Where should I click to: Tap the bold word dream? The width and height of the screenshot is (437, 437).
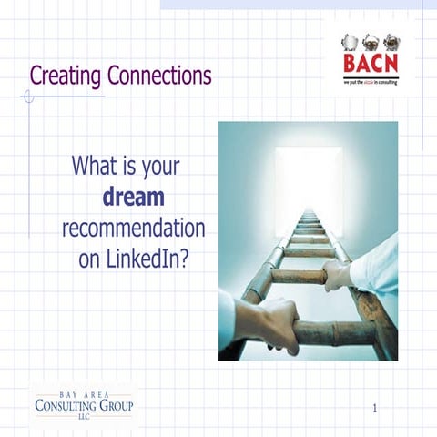134,197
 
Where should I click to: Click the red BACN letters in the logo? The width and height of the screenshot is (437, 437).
370,65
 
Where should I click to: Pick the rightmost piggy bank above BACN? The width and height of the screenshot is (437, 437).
391,41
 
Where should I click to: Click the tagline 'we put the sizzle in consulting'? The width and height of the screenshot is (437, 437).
371,81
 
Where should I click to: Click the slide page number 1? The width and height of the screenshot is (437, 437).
374,409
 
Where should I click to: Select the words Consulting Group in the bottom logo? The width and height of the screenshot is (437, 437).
83,404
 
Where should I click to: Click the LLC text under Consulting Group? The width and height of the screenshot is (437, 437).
83,416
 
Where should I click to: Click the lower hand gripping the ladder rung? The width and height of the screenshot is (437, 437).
273,320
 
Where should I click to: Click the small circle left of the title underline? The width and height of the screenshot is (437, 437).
28,96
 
